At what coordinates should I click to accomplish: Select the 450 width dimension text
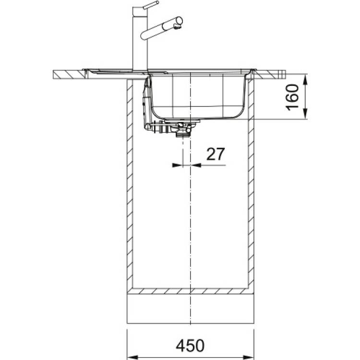point(190,345)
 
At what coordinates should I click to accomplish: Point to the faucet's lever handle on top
point(151,5)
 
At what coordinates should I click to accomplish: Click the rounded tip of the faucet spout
point(179,21)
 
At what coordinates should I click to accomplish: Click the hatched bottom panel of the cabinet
point(190,291)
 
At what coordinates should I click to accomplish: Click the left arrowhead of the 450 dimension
point(131,355)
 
